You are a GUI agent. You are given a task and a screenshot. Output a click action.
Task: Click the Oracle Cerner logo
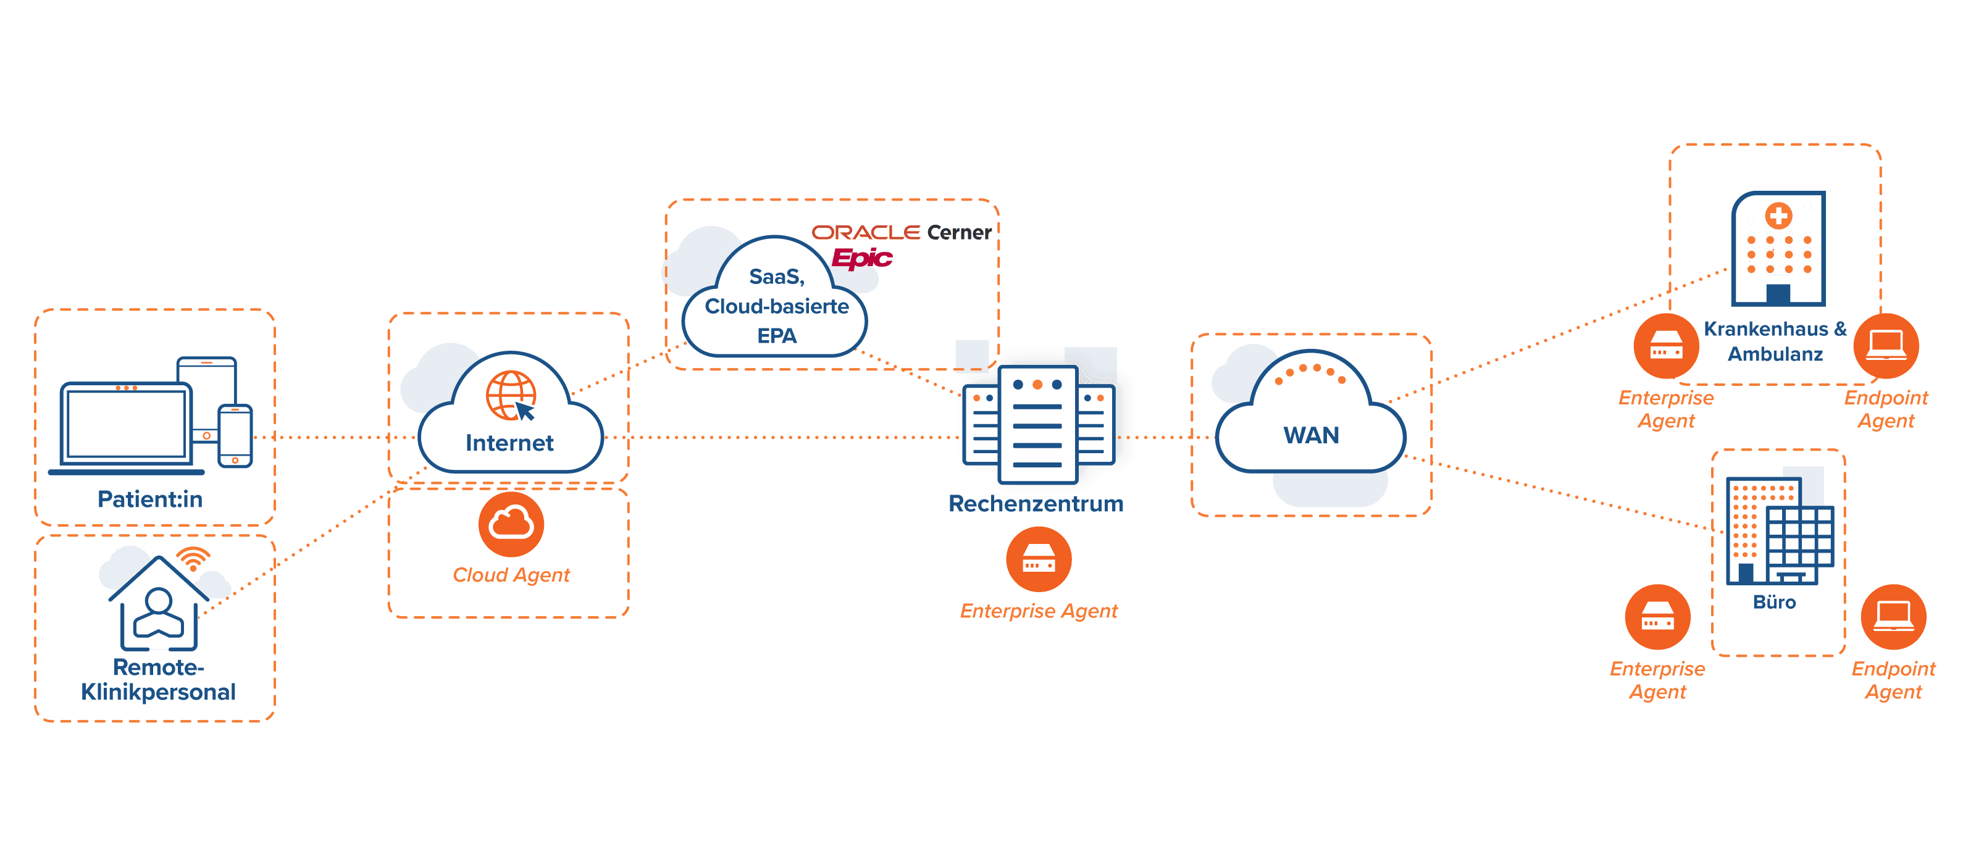tap(902, 232)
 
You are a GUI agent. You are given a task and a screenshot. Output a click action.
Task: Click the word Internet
tap(509, 443)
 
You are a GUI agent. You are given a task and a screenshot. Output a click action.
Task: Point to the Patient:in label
tap(150, 499)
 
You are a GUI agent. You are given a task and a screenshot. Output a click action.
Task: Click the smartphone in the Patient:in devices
tap(235, 435)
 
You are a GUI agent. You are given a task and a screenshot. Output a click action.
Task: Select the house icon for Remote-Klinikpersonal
tap(159, 606)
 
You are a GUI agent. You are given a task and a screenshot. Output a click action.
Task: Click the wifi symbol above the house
tap(193, 558)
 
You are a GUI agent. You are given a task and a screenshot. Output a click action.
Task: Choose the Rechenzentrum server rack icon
tap(1038, 424)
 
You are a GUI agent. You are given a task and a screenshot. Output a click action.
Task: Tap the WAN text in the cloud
tap(1311, 435)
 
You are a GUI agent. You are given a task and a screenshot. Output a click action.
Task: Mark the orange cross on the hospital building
tap(1778, 216)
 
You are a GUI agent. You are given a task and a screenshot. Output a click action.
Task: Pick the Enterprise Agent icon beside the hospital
tap(1666, 346)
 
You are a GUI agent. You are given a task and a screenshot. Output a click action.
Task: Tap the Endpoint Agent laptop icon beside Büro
tap(1893, 617)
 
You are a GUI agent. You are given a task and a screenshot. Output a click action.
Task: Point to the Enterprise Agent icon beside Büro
tap(1657, 617)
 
